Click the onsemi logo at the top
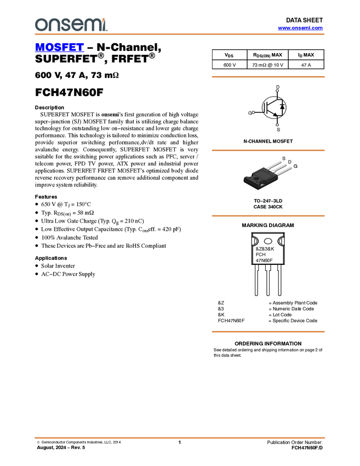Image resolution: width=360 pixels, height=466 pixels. click(71, 25)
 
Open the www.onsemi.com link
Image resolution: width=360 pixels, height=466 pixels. click(300, 28)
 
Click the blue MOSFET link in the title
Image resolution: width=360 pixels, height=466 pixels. click(59, 47)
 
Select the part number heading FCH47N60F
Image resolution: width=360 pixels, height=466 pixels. click(69, 93)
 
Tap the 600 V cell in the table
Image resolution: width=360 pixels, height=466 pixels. click(230, 65)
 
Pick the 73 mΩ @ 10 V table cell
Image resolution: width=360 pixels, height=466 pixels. click(267, 65)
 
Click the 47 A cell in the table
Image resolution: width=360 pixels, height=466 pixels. click(306, 65)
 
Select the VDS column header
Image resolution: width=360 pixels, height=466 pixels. click(229, 55)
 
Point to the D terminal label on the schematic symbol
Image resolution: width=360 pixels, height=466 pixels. click(278, 87)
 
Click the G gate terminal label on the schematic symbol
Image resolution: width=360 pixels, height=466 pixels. click(250, 113)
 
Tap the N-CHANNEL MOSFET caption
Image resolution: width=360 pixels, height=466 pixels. click(268, 141)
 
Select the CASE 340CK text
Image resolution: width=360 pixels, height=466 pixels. click(268, 207)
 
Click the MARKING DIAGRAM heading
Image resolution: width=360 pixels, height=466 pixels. click(268, 225)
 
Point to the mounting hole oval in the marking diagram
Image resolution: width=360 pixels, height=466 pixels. click(268, 241)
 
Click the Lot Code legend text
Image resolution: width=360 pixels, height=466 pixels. click(282, 315)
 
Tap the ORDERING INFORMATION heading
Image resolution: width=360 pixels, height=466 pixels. click(268, 344)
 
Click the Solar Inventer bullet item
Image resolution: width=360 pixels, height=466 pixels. click(58, 266)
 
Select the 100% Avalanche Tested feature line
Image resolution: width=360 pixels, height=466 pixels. click(70, 237)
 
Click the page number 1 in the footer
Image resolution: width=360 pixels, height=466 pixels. click(180, 442)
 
